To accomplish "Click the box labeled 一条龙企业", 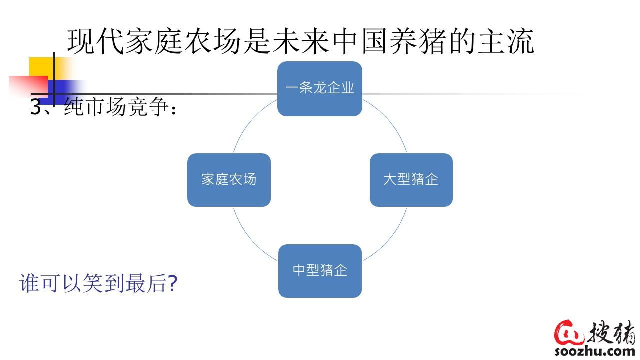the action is [x=320, y=89].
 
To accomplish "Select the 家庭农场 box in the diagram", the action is [x=229, y=180].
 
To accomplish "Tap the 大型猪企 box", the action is [x=411, y=180].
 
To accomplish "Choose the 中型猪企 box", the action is [x=320, y=271].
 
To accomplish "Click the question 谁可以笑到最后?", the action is [x=98, y=283].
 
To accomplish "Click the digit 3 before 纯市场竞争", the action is [x=36, y=107].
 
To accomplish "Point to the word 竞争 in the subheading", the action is [x=148, y=107].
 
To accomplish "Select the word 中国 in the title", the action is [x=360, y=41].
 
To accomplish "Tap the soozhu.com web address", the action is [x=595, y=351].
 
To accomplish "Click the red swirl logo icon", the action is [x=569, y=333].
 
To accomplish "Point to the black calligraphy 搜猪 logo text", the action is [x=612, y=333].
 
